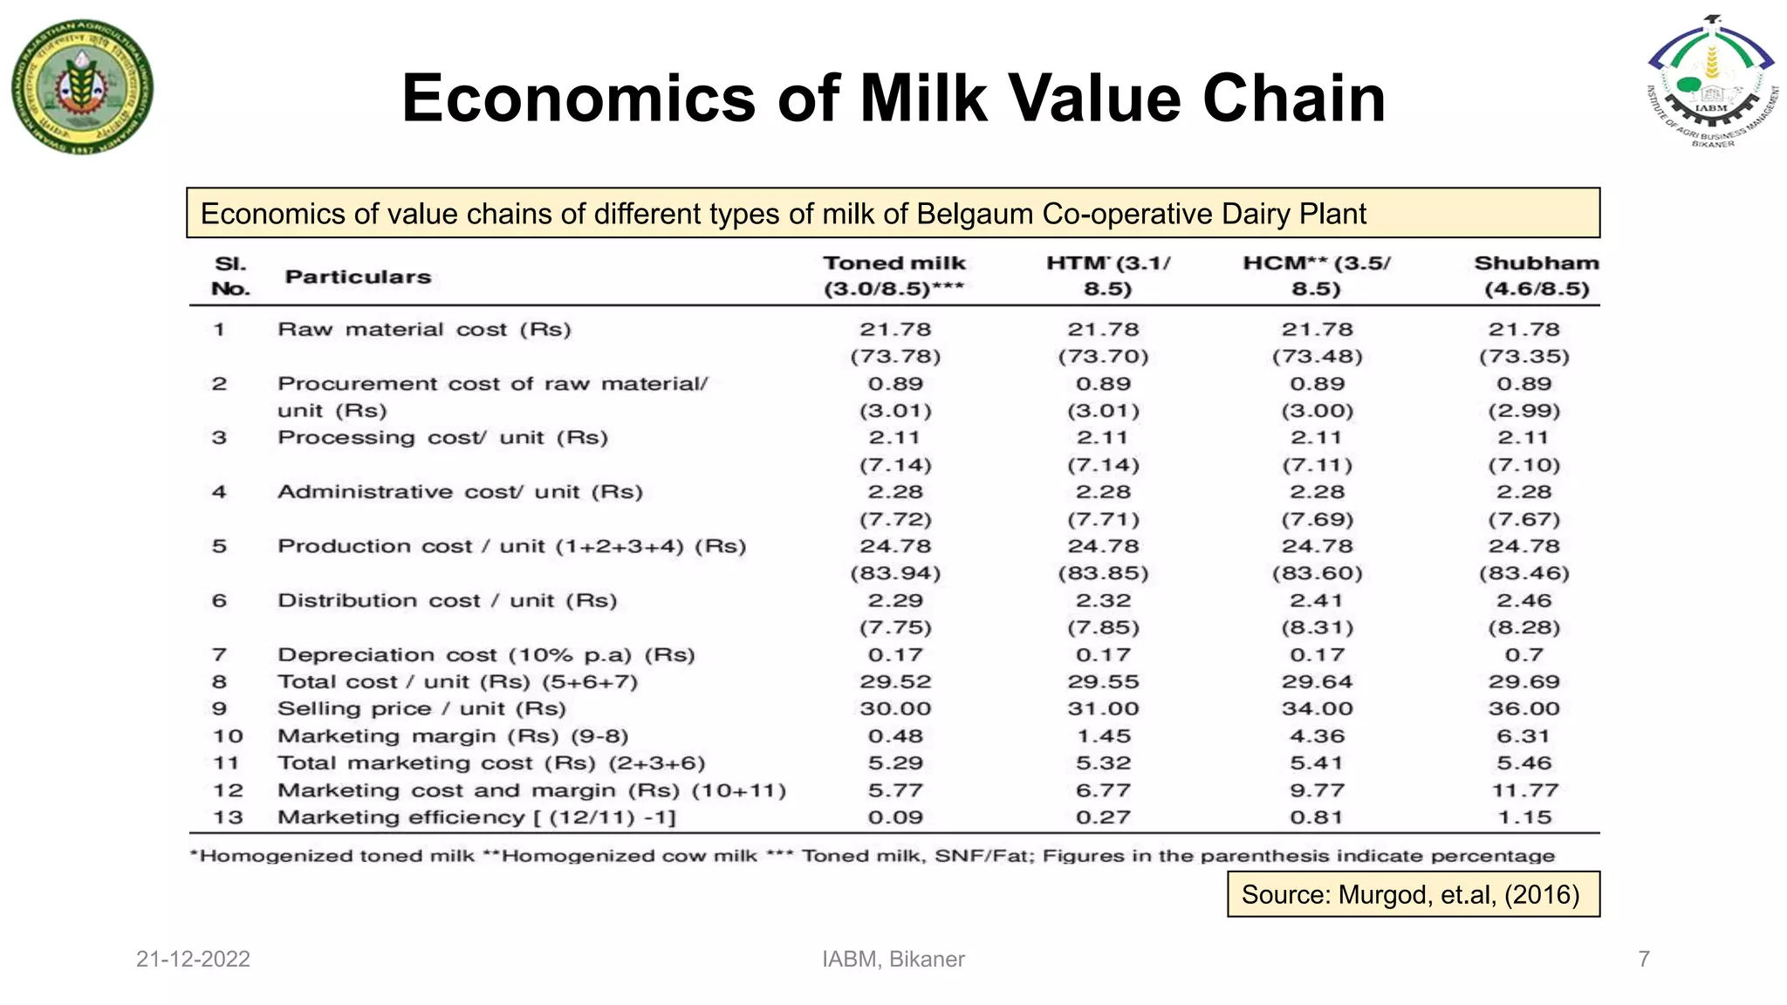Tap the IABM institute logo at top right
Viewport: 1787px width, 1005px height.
1711,83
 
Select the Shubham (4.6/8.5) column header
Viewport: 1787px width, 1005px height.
1537,276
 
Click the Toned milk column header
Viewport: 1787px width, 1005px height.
894,276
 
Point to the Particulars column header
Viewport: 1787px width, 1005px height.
358,277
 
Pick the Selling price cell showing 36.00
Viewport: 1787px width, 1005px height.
1523,708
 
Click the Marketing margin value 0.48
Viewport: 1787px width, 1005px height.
895,736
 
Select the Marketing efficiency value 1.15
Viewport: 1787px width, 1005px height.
1523,817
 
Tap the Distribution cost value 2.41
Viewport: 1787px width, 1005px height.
1317,600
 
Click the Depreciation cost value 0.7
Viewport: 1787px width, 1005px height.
1523,654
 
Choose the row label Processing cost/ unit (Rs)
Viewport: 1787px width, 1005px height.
442,437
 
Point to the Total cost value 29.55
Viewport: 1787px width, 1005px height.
1103,681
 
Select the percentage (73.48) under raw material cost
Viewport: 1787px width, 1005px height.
1317,356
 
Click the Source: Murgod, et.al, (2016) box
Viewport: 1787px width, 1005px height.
1413,894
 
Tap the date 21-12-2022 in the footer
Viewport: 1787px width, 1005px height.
193,959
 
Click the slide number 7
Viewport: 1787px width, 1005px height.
1644,959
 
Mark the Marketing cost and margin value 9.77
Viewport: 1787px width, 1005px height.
1317,790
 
